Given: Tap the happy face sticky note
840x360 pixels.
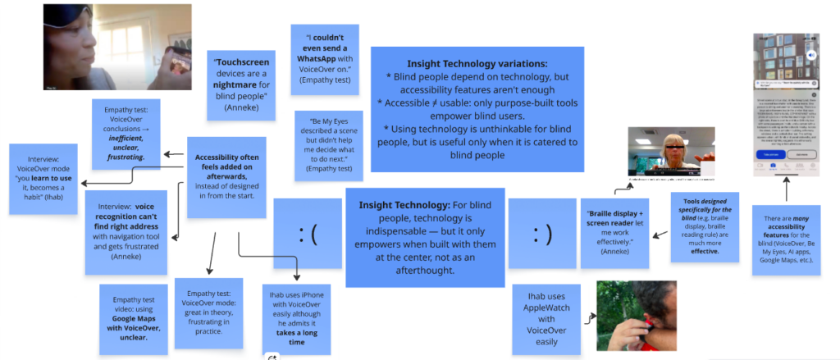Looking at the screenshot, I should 541,235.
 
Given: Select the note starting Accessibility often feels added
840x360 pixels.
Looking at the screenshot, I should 226,176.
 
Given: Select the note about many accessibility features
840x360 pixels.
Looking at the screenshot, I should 787,240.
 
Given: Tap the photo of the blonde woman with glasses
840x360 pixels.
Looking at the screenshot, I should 664,152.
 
